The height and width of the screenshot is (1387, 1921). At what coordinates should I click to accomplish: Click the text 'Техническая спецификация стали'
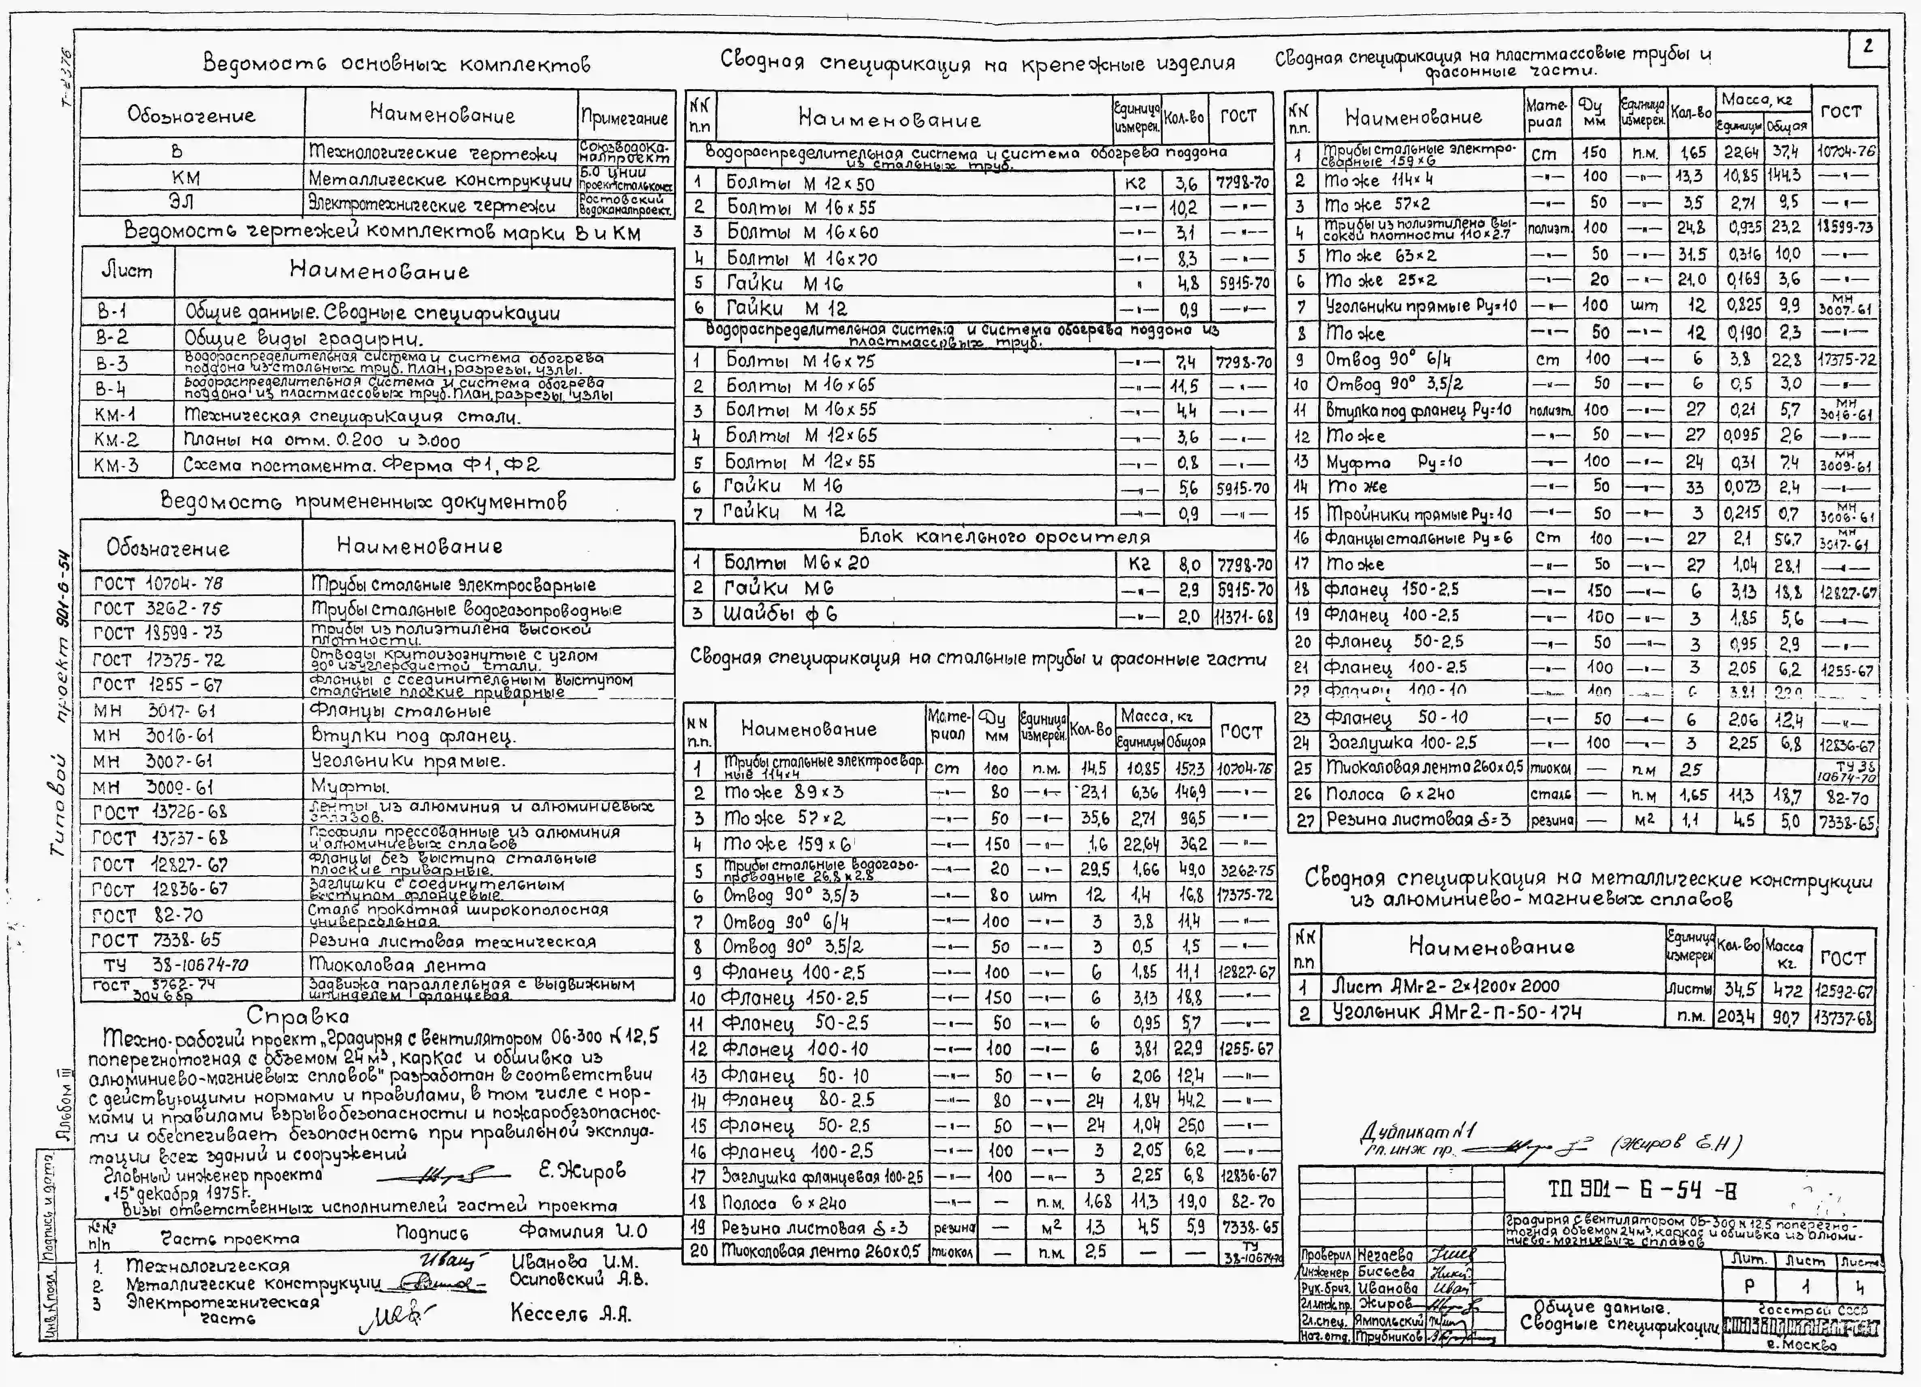(352, 416)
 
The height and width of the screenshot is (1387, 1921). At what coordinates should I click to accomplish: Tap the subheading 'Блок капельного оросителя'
(1005, 536)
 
